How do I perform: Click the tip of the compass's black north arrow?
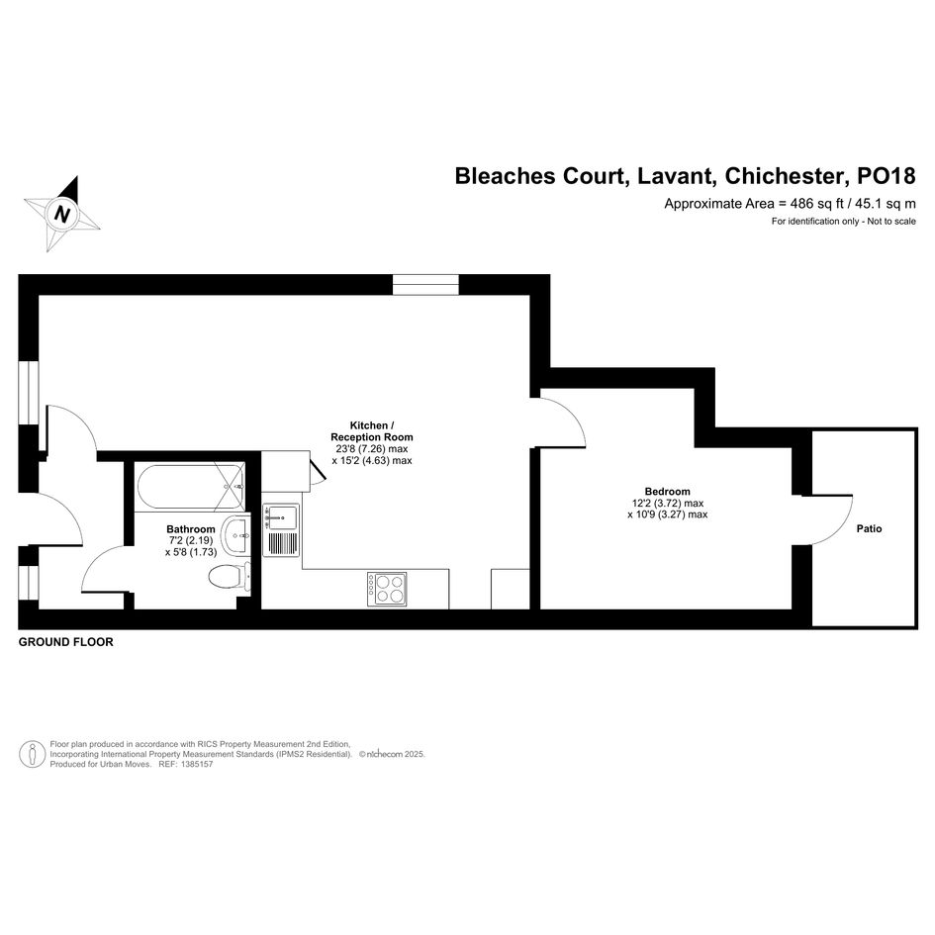(77, 176)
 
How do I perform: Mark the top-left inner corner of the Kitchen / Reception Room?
(40, 295)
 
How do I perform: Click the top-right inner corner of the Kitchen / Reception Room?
(529, 295)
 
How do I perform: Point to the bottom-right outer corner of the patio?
(917, 627)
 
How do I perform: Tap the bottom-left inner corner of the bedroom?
(540, 609)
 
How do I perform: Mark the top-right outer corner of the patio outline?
(917, 428)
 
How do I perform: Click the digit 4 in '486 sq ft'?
(795, 204)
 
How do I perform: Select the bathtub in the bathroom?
(190, 486)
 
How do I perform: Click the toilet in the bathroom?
(230, 577)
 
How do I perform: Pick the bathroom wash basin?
(236, 534)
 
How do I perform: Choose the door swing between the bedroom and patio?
(832, 520)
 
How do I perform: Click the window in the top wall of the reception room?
(425, 285)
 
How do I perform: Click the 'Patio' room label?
(869, 528)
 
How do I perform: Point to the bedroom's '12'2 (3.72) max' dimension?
(668, 504)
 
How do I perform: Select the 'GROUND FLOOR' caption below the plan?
(65, 642)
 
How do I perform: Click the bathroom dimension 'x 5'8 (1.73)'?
(191, 552)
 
